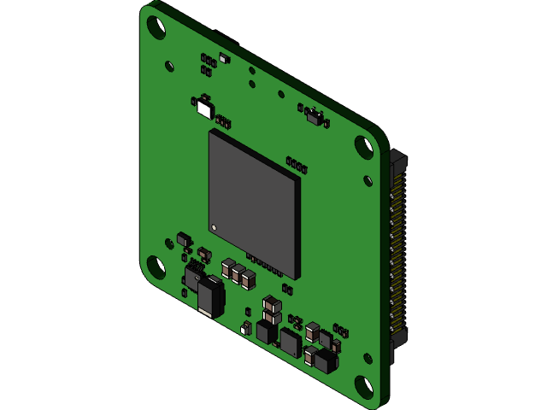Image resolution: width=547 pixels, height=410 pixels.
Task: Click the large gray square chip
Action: pos(253,202)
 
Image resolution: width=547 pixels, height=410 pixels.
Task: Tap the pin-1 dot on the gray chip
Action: pos(215,227)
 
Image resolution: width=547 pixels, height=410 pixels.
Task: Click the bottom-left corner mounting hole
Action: pos(156,267)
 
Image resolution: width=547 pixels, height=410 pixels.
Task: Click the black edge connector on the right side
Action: pos(398,256)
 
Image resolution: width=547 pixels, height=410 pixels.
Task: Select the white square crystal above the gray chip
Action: pos(203,108)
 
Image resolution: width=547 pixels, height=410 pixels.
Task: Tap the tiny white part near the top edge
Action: pos(224,58)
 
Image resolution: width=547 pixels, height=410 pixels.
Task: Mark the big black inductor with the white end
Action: pos(209,298)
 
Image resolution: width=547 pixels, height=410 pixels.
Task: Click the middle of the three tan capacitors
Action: pos(238,273)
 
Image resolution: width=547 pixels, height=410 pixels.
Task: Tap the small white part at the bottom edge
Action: pos(246,328)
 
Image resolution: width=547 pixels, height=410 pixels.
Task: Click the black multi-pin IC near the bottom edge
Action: pos(291,343)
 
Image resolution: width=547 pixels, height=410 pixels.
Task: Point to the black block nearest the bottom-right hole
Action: pos(326,361)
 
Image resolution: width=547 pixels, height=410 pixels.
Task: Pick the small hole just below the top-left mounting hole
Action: pos(169,64)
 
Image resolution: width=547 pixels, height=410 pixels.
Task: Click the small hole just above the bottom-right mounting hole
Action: pos(368,358)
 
